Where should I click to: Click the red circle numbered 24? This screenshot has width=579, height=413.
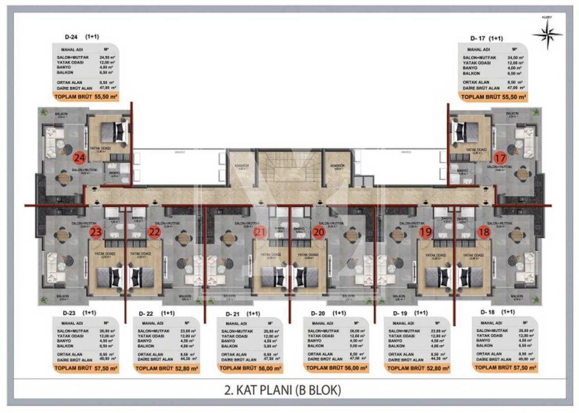pyautogui.click(x=80, y=158)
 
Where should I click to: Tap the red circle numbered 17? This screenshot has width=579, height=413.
pyautogui.click(x=500, y=158)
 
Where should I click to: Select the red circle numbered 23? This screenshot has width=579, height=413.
pyautogui.click(x=96, y=231)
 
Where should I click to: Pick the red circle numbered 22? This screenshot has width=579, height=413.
pyautogui.click(x=154, y=231)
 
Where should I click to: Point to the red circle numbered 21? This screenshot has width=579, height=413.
pyautogui.click(x=261, y=231)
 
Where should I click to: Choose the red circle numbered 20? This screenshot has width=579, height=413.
pyautogui.click(x=319, y=231)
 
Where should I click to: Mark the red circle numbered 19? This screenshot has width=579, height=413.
pyautogui.click(x=426, y=231)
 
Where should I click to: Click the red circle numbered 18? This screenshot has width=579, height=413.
pyautogui.click(x=483, y=231)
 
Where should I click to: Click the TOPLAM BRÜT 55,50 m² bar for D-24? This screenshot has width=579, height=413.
pyautogui.click(x=87, y=97)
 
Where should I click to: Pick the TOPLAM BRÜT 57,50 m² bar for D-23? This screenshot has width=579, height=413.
pyautogui.click(x=87, y=368)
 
